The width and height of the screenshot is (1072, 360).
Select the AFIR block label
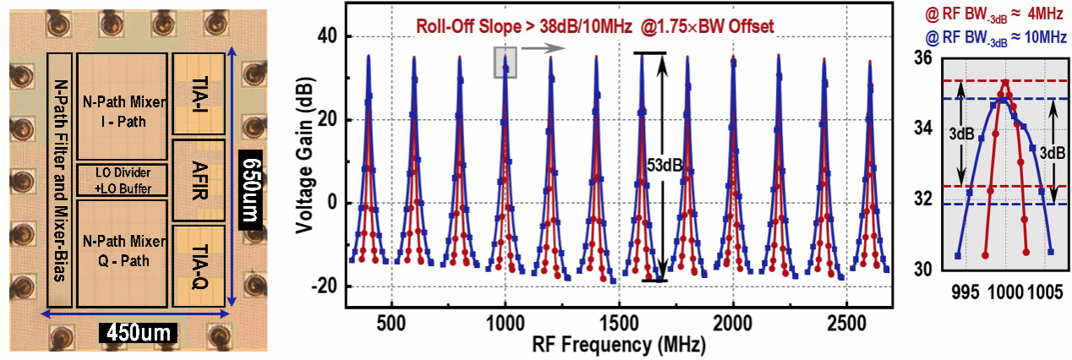coord(198,180)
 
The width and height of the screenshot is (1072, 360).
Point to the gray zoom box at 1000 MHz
coord(505,63)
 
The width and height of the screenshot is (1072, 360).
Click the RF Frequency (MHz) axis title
coord(619,346)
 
